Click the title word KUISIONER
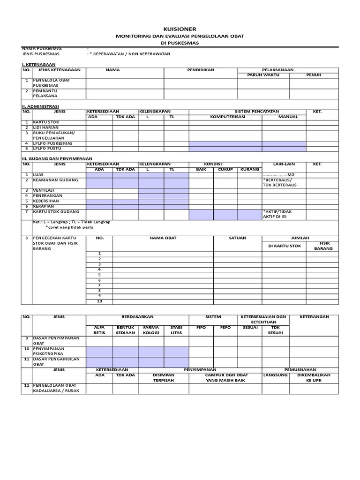click(x=180, y=29)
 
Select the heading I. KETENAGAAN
click(x=39, y=64)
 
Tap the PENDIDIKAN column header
click(x=201, y=70)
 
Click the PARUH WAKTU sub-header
click(x=262, y=75)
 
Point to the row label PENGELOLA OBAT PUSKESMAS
click(x=52, y=83)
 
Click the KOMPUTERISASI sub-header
click(x=225, y=116)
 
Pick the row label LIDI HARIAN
click(x=46, y=127)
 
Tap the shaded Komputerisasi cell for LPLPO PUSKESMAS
click(x=225, y=143)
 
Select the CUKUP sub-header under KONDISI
click(x=225, y=169)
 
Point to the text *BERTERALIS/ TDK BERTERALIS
click(x=280, y=182)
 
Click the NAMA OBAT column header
click(x=163, y=238)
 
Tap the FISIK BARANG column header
click(x=324, y=246)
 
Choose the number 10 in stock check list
click(x=99, y=301)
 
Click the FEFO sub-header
click(x=225, y=328)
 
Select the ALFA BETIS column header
click(x=99, y=330)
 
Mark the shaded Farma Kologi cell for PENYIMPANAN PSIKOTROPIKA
click(x=151, y=352)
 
